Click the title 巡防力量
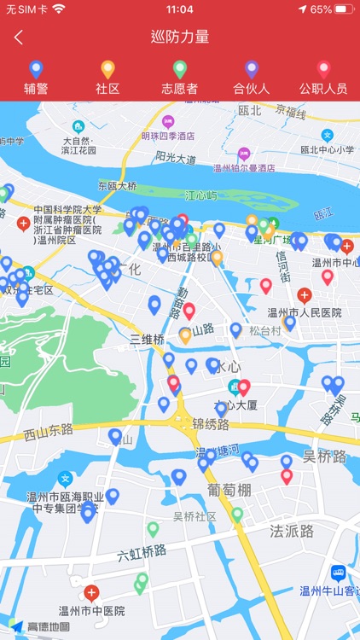180,37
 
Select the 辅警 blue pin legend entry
36,78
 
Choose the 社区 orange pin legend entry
107,78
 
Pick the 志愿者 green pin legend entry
179,78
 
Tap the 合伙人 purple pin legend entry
251,78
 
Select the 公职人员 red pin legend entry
322,78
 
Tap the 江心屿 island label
201,195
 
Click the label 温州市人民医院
305,312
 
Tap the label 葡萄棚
229,490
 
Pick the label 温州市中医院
91,610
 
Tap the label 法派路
292,531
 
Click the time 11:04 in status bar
180,9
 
